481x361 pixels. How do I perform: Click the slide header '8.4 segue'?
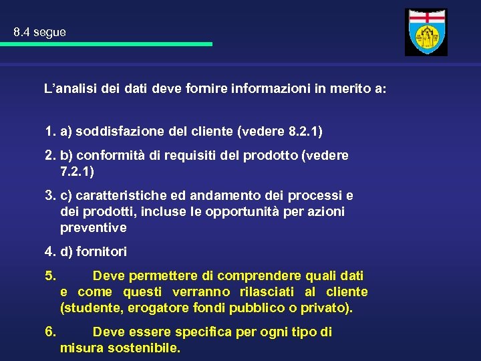click(x=39, y=32)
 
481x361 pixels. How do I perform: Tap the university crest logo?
click(x=426, y=32)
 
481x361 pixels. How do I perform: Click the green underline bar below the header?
click(x=106, y=44)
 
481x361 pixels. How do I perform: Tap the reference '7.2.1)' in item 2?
click(x=77, y=172)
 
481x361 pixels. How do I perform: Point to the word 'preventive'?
click(x=93, y=228)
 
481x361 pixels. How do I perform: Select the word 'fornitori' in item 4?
click(x=102, y=252)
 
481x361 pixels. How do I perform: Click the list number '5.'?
click(x=50, y=275)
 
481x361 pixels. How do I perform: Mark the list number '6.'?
click(x=50, y=332)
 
